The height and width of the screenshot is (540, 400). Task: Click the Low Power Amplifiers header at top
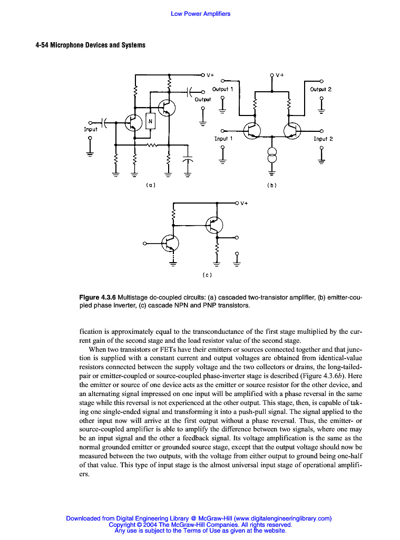tap(200, 14)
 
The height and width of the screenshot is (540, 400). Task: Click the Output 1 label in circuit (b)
tap(222, 89)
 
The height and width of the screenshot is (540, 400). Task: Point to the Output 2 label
tap(320, 89)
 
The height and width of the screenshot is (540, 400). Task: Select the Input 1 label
tap(223, 139)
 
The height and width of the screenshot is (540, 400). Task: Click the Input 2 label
tap(323, 139)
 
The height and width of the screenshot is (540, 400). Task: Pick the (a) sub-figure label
tap(150, 185)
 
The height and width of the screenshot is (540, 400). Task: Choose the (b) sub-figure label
tap(272, 185)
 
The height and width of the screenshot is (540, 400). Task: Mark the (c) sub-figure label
tap(207, 275)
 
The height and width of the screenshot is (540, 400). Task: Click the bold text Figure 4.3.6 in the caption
tap(97, 297)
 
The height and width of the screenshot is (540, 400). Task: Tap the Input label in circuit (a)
tap(91, 129)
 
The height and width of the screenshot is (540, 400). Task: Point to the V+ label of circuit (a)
tap(210, 75)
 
